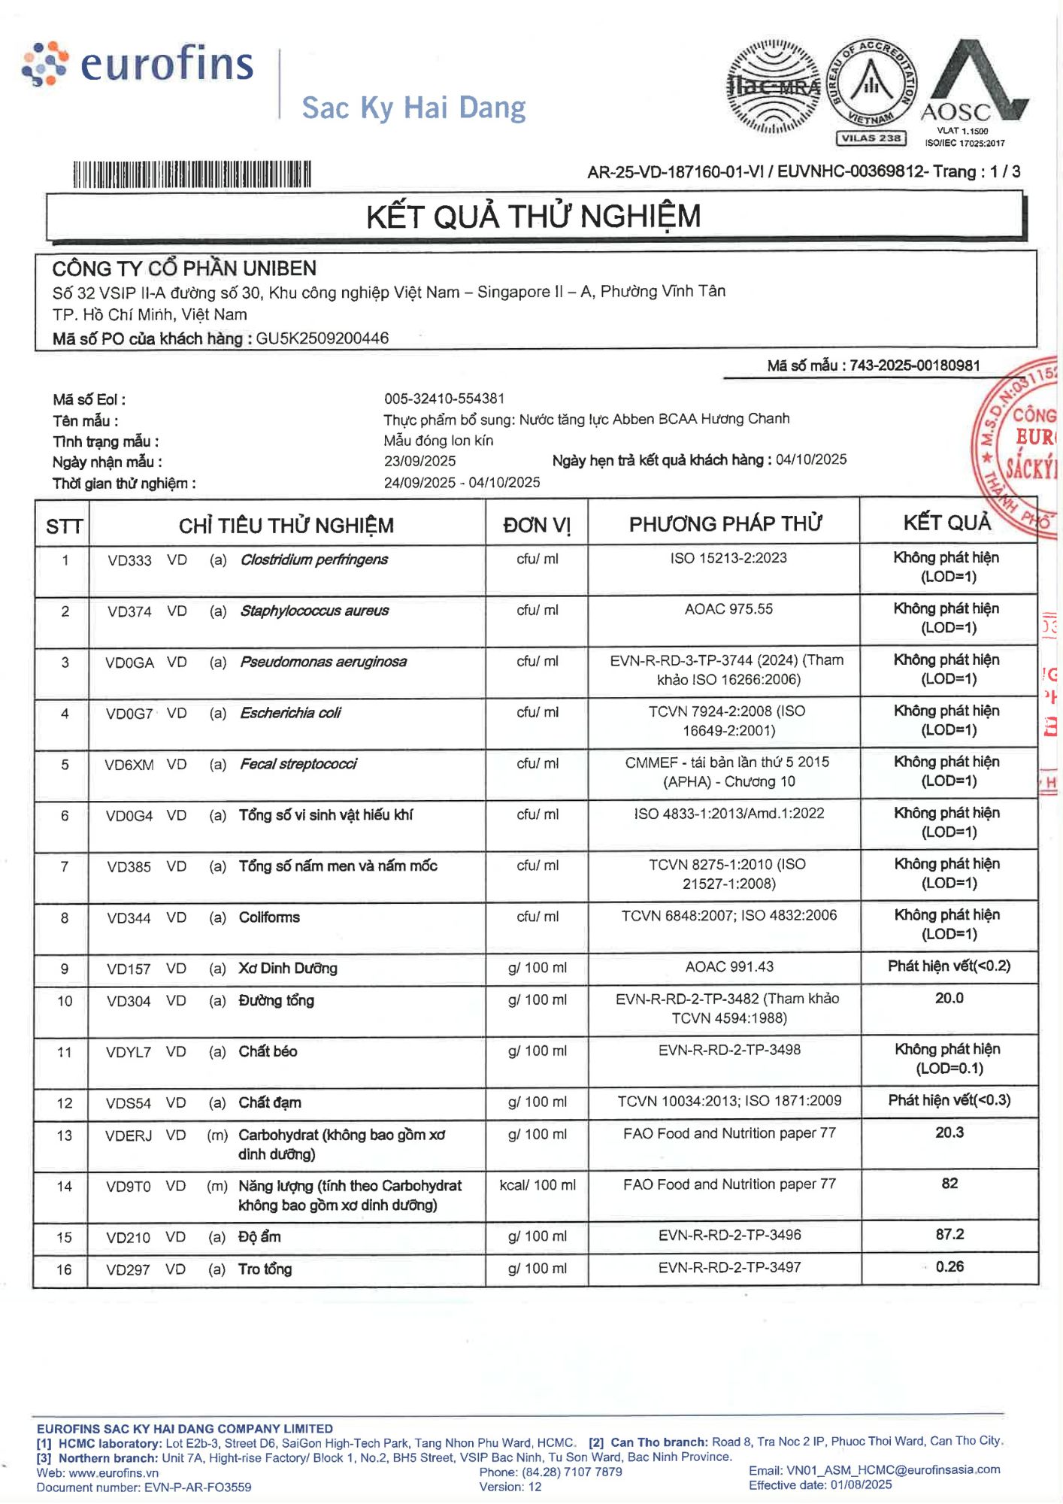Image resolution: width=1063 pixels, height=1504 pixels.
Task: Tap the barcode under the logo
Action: point(192,174)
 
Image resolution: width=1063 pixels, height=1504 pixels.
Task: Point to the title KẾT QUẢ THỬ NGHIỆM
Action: point(533,217)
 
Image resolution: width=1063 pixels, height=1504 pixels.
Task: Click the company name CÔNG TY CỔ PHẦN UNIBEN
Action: point(184,268)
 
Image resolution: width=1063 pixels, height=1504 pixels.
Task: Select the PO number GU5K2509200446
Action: point(323,338)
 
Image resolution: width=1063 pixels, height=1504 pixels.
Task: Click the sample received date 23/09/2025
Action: point(419,461)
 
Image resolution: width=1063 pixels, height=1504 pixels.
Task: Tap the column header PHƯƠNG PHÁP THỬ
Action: point(725,524)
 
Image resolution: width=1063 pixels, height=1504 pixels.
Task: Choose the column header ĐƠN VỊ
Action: point(537,525)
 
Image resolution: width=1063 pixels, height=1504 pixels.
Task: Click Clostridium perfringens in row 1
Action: point(314,559)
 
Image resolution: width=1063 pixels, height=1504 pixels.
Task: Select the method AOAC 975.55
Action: point(728,609)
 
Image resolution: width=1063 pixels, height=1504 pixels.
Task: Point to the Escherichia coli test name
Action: point(290,713)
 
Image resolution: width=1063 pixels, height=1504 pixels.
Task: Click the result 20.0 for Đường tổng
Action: point(949,999)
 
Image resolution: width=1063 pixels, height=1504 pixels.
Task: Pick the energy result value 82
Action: point(949,1184)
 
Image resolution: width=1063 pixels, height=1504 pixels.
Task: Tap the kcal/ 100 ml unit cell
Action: point(538,1185)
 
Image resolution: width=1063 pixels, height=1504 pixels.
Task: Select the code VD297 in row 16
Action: point(128,1270)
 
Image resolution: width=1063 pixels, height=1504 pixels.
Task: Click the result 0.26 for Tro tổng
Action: point(949,1267)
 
